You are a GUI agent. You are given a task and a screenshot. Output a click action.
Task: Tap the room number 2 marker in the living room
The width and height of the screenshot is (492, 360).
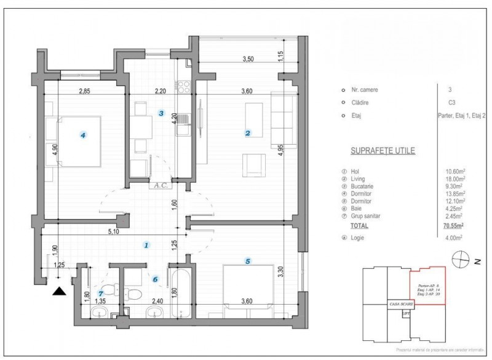point(247,132)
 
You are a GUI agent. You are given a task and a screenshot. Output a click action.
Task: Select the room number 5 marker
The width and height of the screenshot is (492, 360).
point(247,261)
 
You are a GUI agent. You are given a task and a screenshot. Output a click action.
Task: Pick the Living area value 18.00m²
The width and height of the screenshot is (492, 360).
point(456,178)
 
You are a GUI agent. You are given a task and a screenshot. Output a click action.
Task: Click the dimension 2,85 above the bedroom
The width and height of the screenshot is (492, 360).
point(85,91)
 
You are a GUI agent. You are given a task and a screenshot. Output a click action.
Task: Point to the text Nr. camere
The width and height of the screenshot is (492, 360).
point(363,90)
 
